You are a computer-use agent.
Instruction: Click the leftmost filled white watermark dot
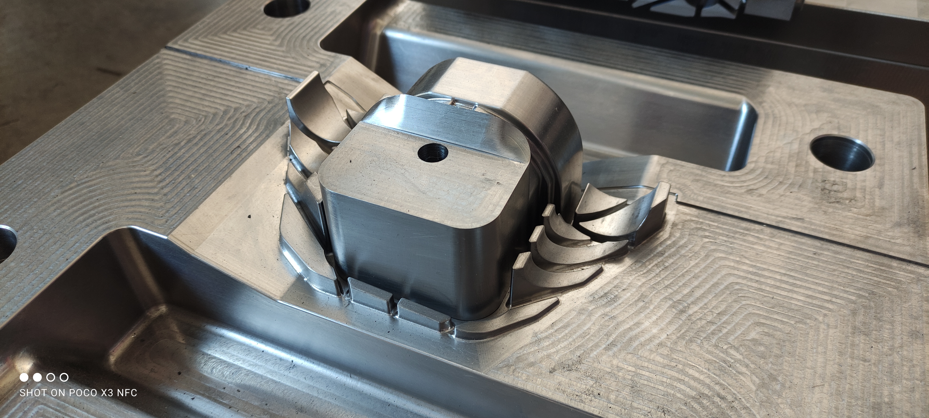pos(24,377)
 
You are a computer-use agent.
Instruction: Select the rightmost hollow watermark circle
pos(64,377)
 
